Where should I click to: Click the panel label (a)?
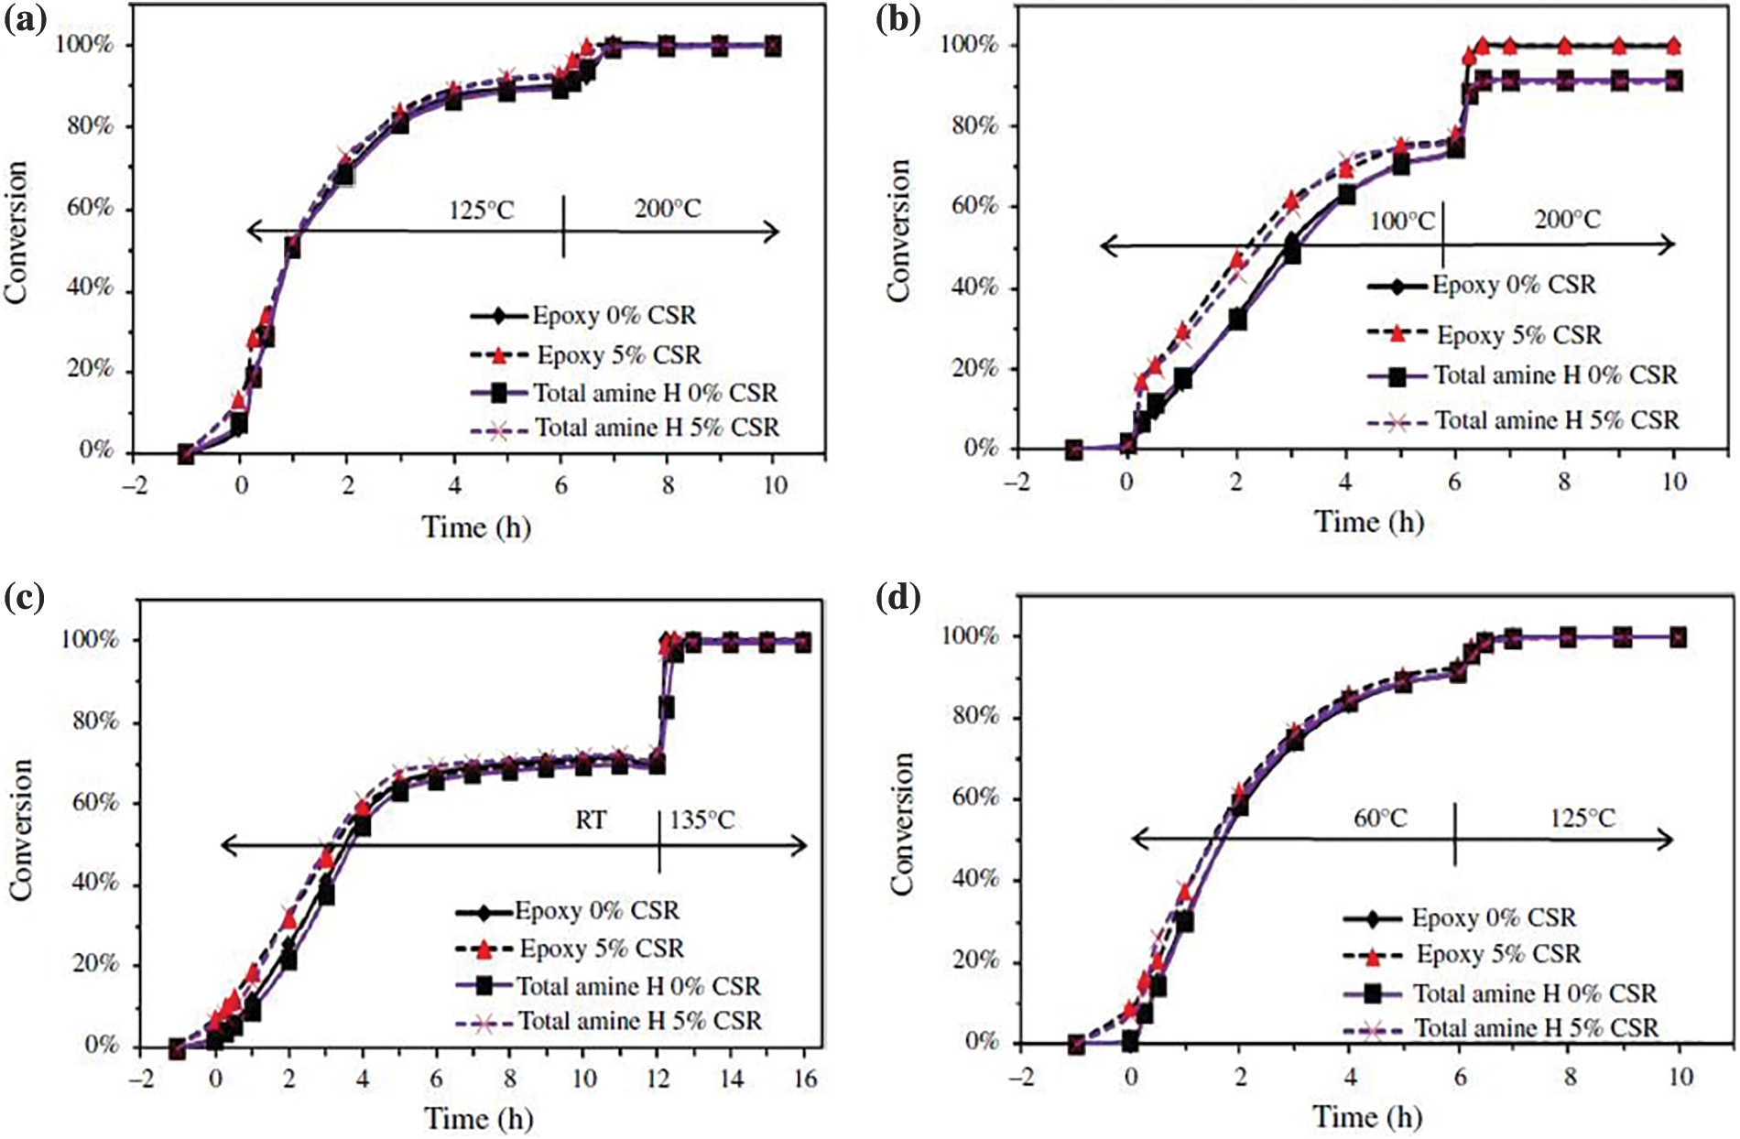25,18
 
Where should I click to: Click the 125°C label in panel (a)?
482,211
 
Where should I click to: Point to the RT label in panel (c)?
591,819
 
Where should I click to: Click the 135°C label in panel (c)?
702,819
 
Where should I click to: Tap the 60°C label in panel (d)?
1380,818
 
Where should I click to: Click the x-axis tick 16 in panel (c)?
804,1079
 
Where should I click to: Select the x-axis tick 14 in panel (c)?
730,1079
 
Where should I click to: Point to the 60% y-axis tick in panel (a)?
90,208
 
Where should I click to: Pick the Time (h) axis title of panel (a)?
476,527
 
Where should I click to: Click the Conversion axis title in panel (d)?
903,824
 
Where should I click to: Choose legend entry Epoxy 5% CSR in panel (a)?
618,355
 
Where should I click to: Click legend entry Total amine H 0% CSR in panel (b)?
1555,375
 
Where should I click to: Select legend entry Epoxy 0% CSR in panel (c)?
596,911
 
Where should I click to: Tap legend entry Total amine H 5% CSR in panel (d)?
1536,1029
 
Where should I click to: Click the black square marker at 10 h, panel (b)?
1673,81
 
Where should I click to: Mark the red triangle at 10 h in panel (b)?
1673,45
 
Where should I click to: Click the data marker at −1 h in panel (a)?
186,453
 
